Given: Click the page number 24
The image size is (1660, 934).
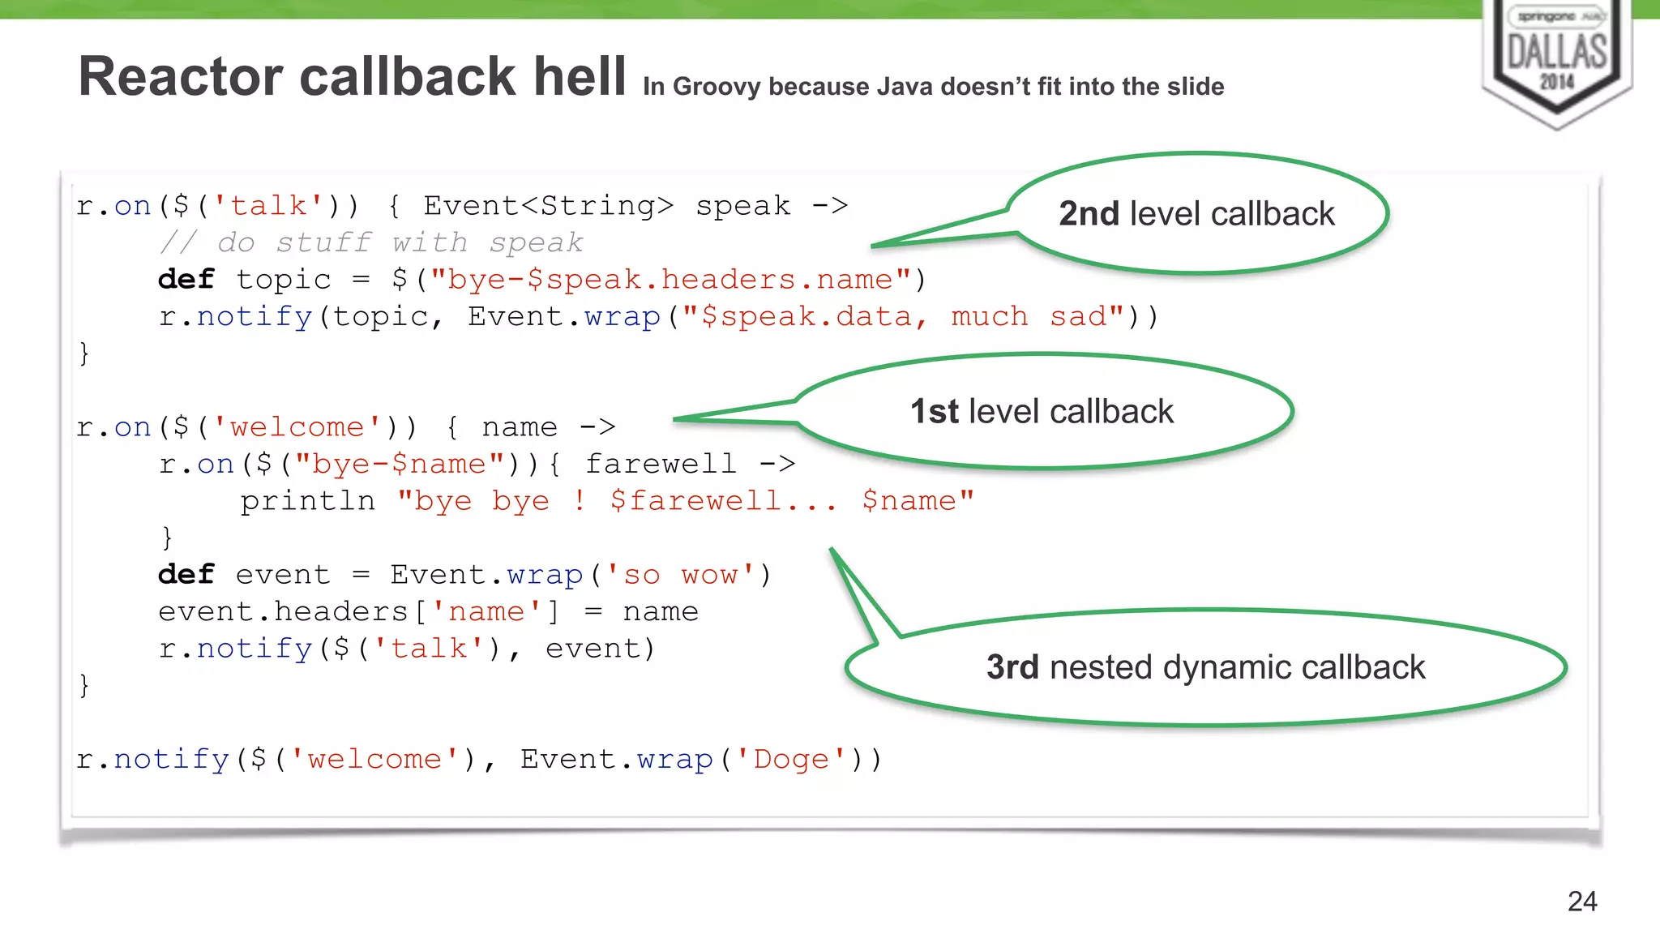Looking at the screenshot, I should pos(1581,902).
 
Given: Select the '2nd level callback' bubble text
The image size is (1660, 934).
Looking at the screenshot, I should pos(1196,214).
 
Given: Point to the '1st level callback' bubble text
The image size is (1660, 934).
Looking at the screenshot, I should pos(1042,412).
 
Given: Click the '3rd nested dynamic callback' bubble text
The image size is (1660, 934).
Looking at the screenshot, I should pos(1205,667).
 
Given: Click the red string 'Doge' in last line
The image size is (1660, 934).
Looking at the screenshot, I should pos(791,760).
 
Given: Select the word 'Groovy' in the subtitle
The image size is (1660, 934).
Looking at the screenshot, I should pos(717,87).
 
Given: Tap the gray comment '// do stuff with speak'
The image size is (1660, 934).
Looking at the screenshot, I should pos(371,242).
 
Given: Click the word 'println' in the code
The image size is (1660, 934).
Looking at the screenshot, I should pos(308,501).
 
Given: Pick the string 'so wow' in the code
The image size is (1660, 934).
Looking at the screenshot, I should pos(680,575).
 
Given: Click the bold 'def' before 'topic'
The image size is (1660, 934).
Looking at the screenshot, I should pos(186,280).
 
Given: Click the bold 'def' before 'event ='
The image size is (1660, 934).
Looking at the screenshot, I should pos(186,575).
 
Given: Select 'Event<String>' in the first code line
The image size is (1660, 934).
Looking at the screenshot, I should pos(548,206).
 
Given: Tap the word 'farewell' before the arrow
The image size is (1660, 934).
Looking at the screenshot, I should pos(661,464).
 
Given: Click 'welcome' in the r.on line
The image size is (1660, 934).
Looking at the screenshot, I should pos(297,427).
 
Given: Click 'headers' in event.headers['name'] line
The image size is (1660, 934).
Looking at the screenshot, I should pos(340,611).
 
